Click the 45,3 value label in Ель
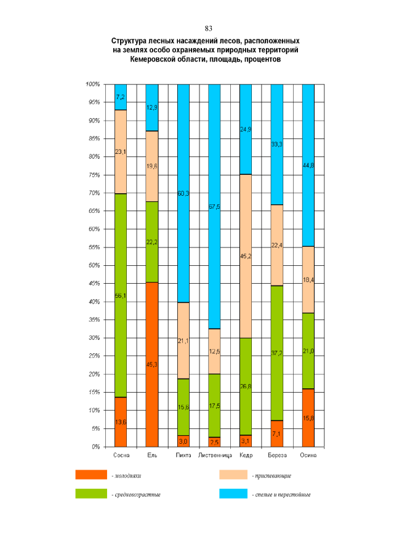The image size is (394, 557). tap(152, 364)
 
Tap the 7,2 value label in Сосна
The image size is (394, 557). tap(121, 97)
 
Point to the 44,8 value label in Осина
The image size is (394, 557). tap(308, 165)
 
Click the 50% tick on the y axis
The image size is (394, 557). tap(92, 265)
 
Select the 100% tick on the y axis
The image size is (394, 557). tap(92, 84)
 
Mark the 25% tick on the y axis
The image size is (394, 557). tap(92, 356)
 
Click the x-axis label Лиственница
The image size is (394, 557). tap(214, 456)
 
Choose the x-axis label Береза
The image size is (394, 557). tap(276, 456)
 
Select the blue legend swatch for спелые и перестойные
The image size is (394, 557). tap(233, 494)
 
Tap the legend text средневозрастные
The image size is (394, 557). tap(135, 495)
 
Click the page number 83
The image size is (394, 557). tap(208, 28)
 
